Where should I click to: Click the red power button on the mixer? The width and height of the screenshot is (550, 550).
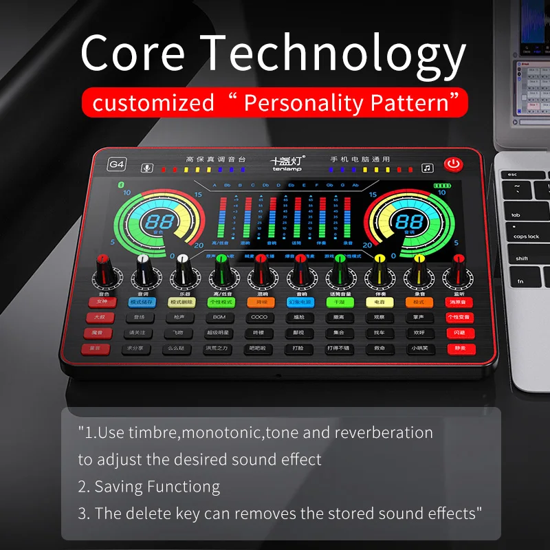452,164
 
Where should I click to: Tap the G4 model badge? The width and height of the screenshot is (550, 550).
117,164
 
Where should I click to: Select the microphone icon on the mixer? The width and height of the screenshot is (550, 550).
146,168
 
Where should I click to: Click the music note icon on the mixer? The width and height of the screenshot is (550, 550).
428,168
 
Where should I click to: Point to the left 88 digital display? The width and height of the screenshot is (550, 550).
158,221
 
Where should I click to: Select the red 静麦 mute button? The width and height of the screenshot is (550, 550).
459,349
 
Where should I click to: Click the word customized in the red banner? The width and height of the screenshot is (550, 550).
153,103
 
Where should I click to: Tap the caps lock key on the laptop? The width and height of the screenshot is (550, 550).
526,236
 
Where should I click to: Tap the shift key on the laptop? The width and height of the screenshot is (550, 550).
522,258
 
